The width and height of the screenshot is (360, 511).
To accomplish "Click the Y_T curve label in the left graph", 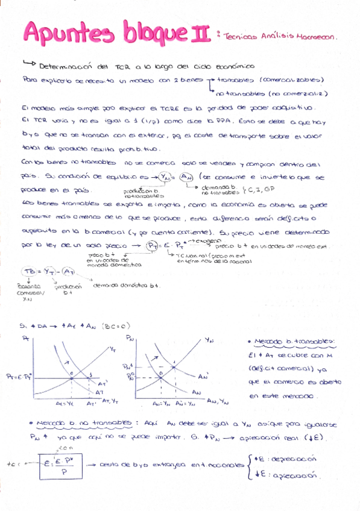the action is point(112,349).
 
